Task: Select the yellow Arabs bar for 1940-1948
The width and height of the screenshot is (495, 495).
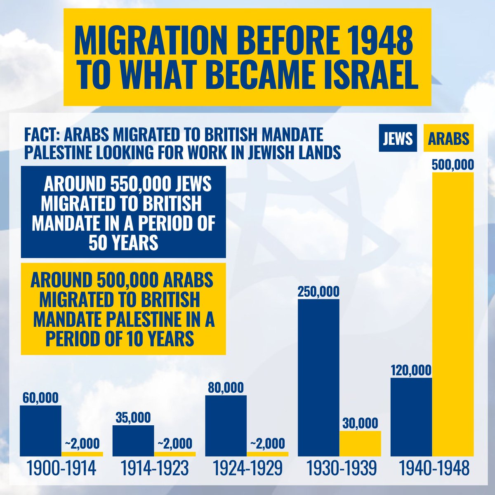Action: tap(453, 313)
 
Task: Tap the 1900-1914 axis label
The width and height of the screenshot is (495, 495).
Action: tap(61, 469)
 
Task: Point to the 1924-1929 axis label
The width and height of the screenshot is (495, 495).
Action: tap(247, 469)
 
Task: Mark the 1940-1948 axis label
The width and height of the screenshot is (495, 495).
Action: tap(434, 469)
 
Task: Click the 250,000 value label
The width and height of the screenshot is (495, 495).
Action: tap(318, 292)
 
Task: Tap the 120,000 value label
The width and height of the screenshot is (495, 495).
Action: tap(411, 370)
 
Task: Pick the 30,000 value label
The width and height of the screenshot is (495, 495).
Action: tap(360, 423)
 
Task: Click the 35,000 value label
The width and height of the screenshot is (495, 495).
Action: tap(133, 417)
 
